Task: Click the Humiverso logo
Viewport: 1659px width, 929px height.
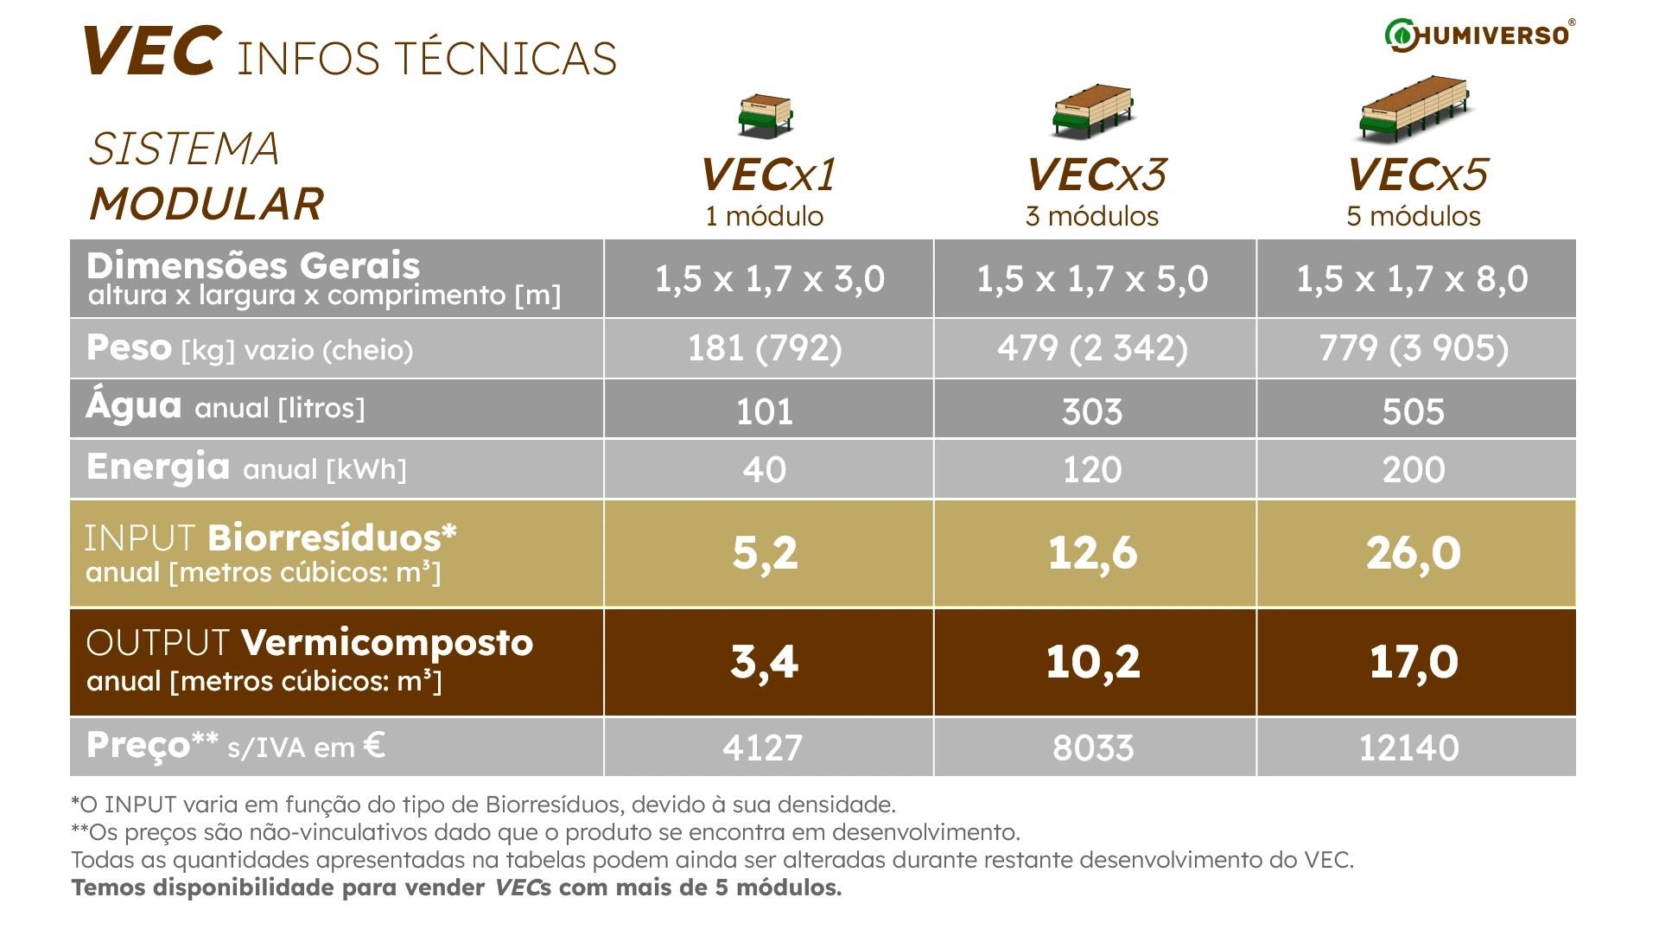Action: (x=1479, y=35)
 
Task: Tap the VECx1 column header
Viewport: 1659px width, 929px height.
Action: (x=767, y=175)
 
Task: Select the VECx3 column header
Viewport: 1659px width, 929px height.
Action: (x=1095, y=175)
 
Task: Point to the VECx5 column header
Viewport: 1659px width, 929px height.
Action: (x=1416, y=175)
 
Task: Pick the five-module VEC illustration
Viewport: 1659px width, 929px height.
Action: (x=1414, y=109)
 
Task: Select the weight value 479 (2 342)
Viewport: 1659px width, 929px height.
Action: (x=1092, y=348)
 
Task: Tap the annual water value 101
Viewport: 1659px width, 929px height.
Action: (x=765, y=411)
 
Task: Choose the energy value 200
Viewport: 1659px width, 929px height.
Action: (x=1413, y=470)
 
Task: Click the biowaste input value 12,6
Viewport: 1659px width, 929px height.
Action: (x=1092, y=553)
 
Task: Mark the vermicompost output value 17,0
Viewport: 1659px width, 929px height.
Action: (x=1414, y=662)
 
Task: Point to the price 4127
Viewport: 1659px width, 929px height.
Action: (x=762, y=748)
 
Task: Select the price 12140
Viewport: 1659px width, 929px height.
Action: (x=1408, y=748)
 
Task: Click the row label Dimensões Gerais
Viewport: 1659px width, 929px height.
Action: (x=253, y=265)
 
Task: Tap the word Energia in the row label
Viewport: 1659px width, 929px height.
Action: (x=158, y=467)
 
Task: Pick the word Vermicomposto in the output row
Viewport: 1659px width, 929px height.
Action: (x=387, y=643)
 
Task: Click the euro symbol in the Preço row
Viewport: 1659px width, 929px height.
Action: (x=374, y=744)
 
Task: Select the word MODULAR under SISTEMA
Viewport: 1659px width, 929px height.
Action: (x=206, y=205)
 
